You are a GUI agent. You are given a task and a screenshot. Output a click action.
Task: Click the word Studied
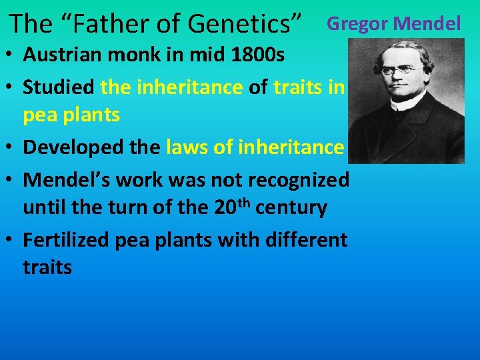tap(59, 86)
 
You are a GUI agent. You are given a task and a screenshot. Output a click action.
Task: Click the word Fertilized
tap(66, 239)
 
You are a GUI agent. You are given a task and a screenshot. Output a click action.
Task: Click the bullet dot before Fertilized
tap(13, 240)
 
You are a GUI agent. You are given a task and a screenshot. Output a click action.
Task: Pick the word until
tap(46, 208)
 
